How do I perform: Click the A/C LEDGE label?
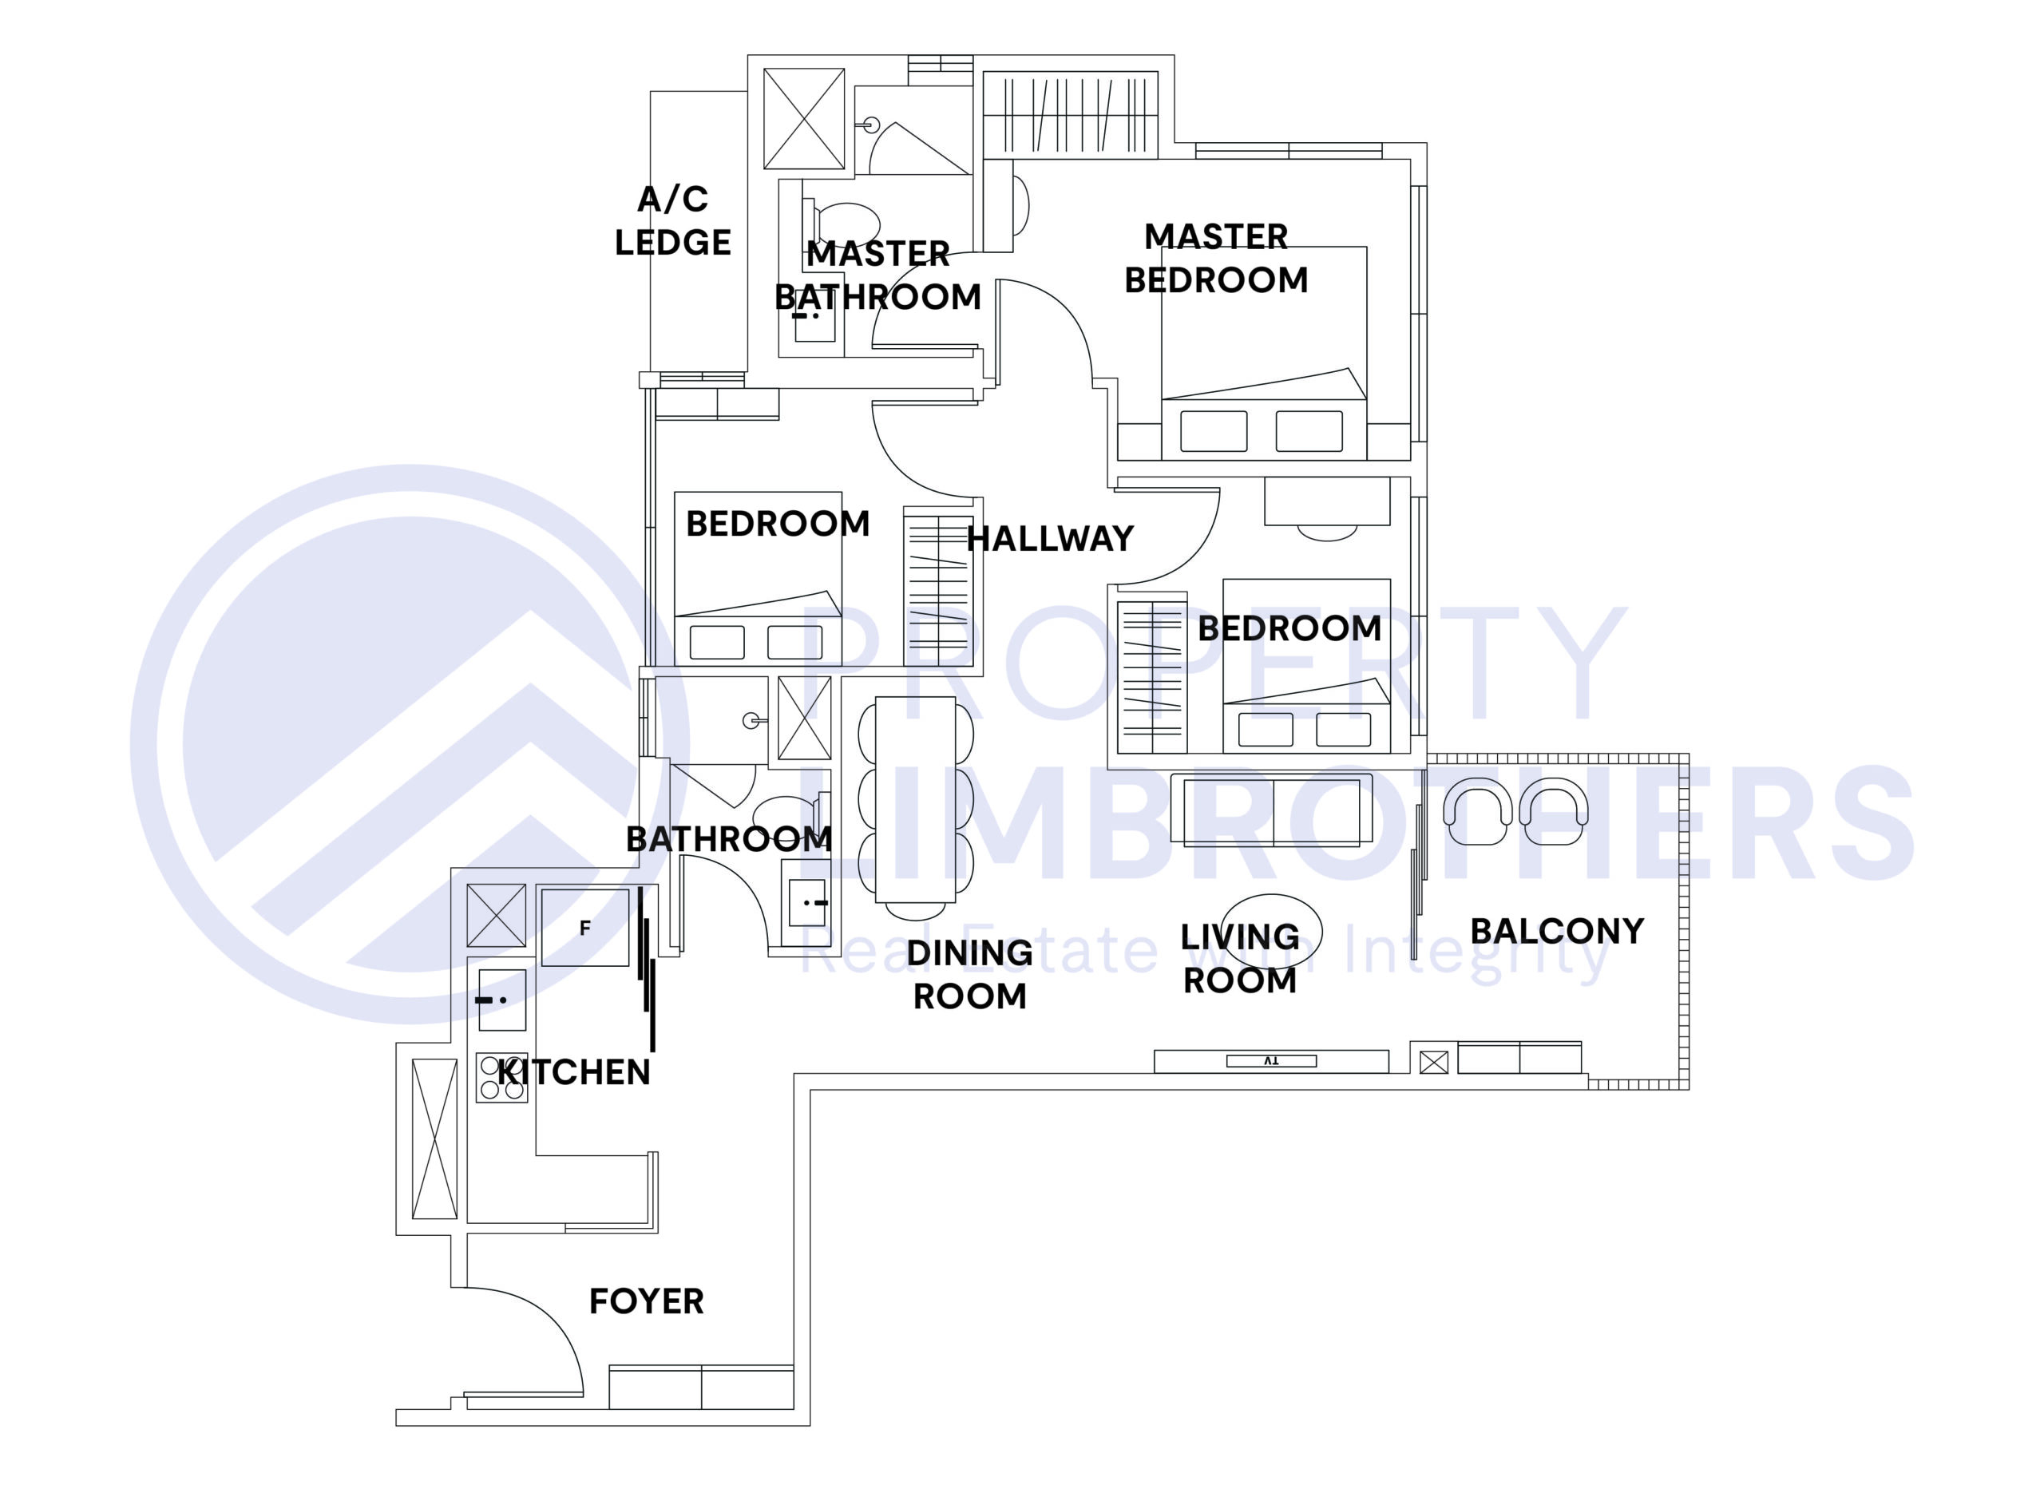pyautogui.click(x=672, y=221)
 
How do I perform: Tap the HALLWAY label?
pyautogui.click(x=1050, y=539)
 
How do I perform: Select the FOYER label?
pyautogui.click(x=646, y=1301)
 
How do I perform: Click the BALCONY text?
pyautogui.click(x=1557, y=931)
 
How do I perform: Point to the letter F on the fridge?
pyautogui.click(x=585, y=929)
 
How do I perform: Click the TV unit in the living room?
pyautogui.click(x=1271, y=1061)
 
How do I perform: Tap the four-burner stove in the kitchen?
pyautogui.click(x=502, y=1078)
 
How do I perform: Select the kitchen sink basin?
pyautogui.click(x=502, y=1000)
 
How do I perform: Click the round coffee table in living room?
pyautogui.click(x=1272, y=929)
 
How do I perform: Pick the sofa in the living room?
pyautogui.click(x=1271, y=810)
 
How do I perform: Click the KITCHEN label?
pyautogui.click(x=574, y=1072)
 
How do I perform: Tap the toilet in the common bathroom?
pyautogui.click(x=784, y=811)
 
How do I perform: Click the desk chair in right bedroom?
pyautogui.click(x=1327, y=532)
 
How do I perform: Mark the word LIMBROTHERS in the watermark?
pyautogui.click(x=1352, y=825)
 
